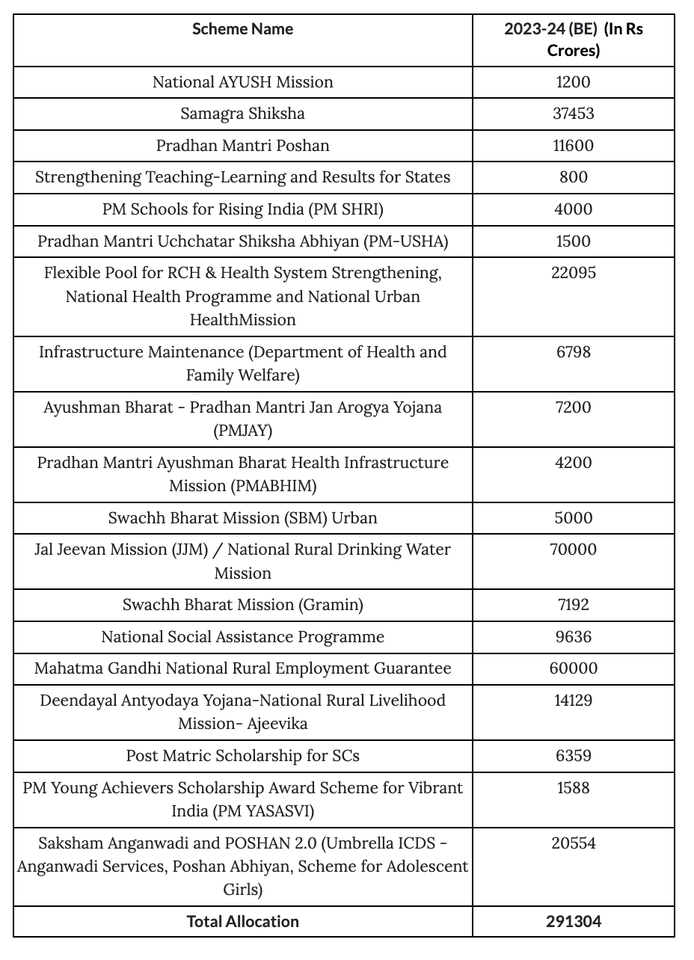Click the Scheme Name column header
coord(242,29)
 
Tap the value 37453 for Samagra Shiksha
coord(573,114)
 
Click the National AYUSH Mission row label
coord(242,82)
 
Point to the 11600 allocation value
coord(573,146)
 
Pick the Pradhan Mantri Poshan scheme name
coord(242,146)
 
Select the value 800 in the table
coord(573,178)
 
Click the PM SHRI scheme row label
coord(242,209)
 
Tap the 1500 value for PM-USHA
coord(573,241)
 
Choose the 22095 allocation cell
coord(573,274)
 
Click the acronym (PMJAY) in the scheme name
coord(242,431)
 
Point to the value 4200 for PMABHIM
coord(573,463)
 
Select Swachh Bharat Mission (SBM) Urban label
coord(242,518)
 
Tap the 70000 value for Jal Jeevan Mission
coord(573,550)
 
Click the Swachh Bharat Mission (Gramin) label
coord(242,605)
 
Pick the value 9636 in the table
coord(573,637)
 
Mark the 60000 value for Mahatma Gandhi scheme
coord(573,669)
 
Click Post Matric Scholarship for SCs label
coord(242,756)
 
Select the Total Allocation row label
coord(242,922)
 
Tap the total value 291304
coord(573,922)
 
